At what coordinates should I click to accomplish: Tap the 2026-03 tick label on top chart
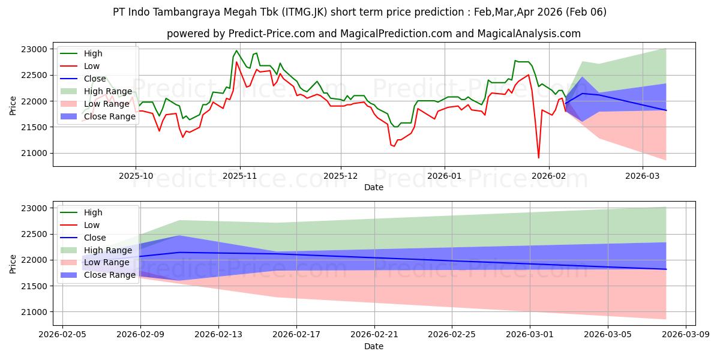coord(643,176)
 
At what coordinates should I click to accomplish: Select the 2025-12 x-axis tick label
coord(341,176)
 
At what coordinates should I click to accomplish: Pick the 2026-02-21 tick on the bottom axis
coord(374,335)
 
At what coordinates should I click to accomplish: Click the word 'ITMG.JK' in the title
coord(298,12)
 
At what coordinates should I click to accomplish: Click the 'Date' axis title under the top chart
coord(374,187)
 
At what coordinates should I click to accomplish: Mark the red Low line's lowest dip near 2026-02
coord(538,158)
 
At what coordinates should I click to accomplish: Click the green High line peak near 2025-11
coord(236,50)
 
